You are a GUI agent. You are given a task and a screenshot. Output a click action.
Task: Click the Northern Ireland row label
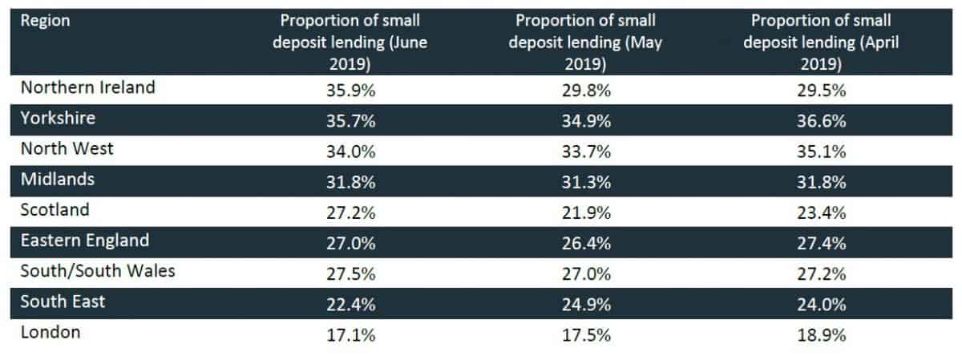pos(87,88)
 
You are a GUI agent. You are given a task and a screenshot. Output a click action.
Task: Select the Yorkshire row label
pos(59,119)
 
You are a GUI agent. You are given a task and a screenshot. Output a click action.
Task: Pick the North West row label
pos(67,149)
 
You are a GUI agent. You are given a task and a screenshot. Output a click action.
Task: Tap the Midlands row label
pos(57,180)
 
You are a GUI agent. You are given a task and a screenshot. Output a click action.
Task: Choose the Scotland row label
pos(55,210)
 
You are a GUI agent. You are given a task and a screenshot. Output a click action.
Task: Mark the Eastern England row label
pos(85,241)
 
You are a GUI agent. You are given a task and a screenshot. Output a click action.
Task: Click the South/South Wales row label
pos(98,271)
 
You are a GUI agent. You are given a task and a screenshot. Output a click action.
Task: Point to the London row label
pos(51,332)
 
